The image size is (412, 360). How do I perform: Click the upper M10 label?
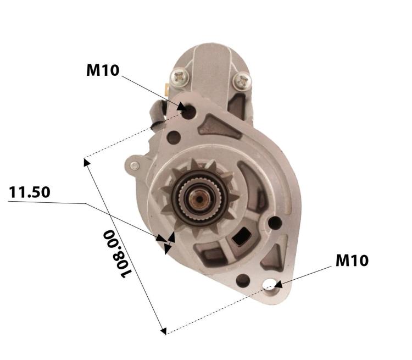pos(103,70)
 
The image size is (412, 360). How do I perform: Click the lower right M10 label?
pos(352,261)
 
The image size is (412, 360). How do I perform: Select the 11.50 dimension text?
pos(30,192)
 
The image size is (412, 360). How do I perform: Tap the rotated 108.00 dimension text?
pos(116,253)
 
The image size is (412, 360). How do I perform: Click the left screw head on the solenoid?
pos(180,76)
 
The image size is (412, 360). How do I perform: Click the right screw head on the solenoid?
pos(242,80)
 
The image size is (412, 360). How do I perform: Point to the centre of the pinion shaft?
pos(199,200)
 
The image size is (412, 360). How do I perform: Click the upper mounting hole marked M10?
pos(190,112)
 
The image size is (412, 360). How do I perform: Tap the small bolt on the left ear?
pos(135,165)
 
